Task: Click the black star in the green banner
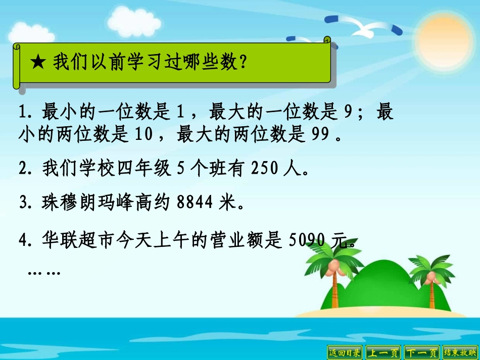click(38, 63)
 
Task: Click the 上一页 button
click(383, 352)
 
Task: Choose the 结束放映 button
click(460, 352)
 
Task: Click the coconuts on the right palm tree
click(431, 277)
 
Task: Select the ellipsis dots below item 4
click(44, 273)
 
